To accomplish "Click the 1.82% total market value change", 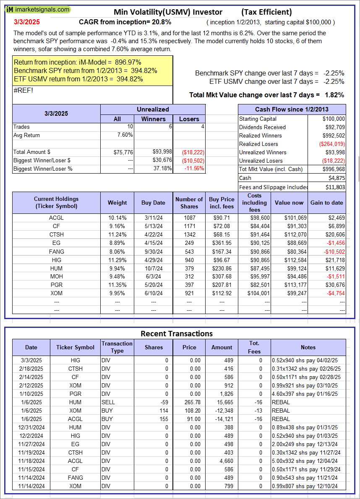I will (334, 95).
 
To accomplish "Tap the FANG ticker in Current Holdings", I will (56, 252).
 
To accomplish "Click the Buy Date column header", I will (153, 203).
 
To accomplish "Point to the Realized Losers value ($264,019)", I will (332, 144).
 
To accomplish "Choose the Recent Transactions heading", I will (176, 334).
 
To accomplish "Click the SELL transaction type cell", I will (108, 402).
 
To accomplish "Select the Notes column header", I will (308, 347).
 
